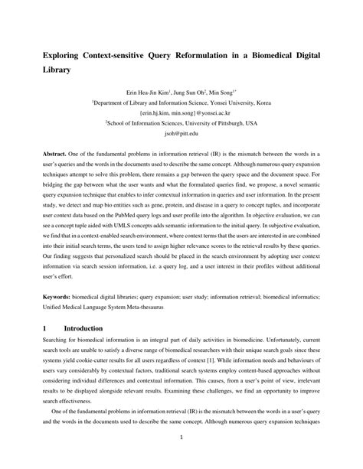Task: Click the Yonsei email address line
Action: point(181,111)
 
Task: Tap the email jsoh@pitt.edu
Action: point(181,132)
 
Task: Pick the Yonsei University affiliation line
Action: point(181,100)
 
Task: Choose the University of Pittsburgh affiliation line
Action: point(181,122)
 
